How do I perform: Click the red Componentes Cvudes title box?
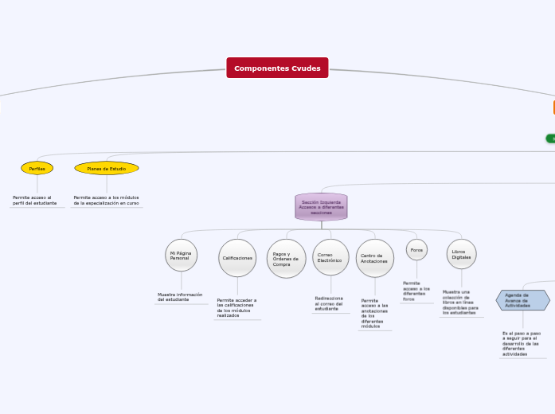pyautogui.click(x=277, y=68)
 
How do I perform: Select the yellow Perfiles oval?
pyautogui.click(x=37, y=168)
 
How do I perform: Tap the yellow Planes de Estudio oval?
pyautogui.click(x=107, y=168)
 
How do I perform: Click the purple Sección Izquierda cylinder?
pyautogui.click(x=321, y=207)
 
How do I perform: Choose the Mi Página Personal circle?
pyautogui.click(x=181, y=255)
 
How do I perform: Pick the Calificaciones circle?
pyautogui.click(x=237, y=258)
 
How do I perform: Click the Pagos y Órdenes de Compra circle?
pyautogui.click(x=286, y=259)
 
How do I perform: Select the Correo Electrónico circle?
pyautogui.click(x=330, y=258)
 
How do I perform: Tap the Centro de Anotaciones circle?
pyautogui.click(x=374, y=258)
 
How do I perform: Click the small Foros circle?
pyautogui.click(x=416, y=249)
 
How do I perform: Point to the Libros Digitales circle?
pyautogui.click(x=462, y=254)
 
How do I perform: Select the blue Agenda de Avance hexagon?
pyautogui.click(x=522, y=300)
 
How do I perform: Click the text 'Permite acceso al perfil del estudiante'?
pyautogui.click(x=34, y=200)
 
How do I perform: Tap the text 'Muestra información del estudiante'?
pyautogui.click(x=180, y=297)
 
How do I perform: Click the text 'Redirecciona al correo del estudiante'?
pyautogui.click(x=329, y=303)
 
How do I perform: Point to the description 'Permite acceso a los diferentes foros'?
pyautogui.click(x=416, y=291)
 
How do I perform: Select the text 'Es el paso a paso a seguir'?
pyautogui.click(x=521, y=343)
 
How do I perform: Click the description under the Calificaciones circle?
pyautogui.click(x=236, y=307)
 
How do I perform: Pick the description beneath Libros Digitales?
pyautogui.click(x=460, y=303)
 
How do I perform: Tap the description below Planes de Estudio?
pyautogui.click(x=106, y=200)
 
